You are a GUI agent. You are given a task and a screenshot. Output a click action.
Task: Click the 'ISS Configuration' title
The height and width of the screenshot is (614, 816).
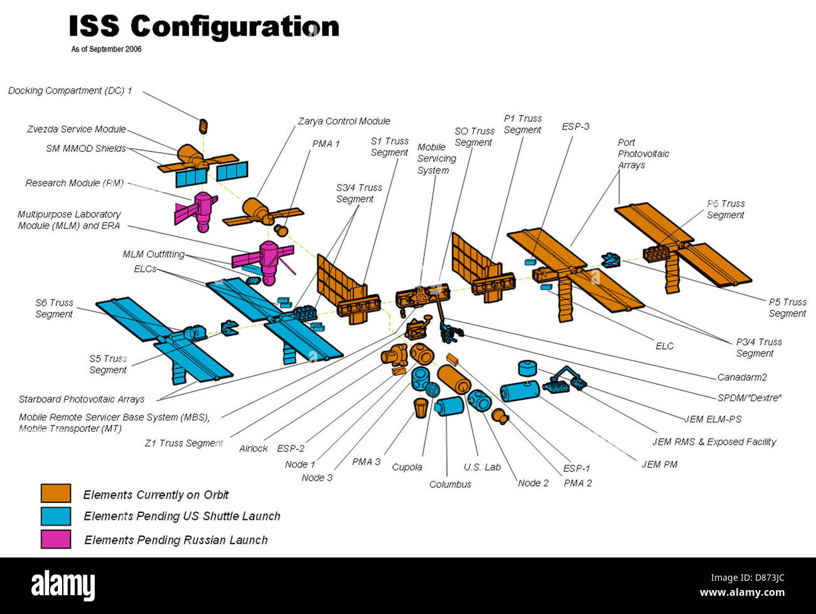pyautogui.click(x=203, y=26)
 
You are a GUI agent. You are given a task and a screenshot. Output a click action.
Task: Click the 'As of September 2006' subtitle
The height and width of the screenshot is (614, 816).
pyautogui.click(x=106, y=49)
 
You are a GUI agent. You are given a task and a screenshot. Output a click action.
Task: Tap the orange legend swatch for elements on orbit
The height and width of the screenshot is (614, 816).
pyautogui.click(x=56, y=493)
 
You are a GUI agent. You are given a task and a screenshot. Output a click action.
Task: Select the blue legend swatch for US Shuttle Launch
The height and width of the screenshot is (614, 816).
pyautogui.click(x=56, y=516)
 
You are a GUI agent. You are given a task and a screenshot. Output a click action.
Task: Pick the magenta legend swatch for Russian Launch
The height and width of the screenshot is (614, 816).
pyautogui.click(x=56, y=539)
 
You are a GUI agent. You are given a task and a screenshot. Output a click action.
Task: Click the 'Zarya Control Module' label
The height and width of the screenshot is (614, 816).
pyautogui.click(x=343, y=121)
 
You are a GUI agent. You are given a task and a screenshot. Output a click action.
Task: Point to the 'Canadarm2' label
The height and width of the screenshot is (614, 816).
pyautogui.click(x=742, y=377)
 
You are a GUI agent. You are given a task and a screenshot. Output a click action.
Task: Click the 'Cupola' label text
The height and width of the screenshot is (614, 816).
pyautogui.click(x=407, y=467)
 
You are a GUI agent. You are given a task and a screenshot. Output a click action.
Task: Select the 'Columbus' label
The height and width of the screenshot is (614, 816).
pyautogui.click(x=450, y=484)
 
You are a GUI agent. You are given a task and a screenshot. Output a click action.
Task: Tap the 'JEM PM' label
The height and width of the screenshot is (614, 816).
pyautogui.click(x=659, y=464)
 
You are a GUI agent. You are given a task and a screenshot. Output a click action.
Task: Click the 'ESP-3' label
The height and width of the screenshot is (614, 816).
pyautogui.click(x=575, y=126)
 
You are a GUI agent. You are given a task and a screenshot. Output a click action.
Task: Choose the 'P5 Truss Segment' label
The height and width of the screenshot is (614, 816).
pyautogui.click(x=787, y=308)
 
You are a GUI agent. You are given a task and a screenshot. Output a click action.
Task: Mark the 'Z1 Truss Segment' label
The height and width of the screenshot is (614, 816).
pyautogui.click(x=183, y=443)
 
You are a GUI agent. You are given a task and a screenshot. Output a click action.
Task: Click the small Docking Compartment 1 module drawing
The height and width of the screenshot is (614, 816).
pyautogui.click(x=203, y=126)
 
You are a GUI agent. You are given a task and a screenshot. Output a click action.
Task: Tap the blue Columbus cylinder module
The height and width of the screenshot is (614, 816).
pyautogui.click(x=449, y=406)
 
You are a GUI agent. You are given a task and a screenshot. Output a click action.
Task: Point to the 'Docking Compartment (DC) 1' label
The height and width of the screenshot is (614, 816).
pyautogui.click(x=70, y=91)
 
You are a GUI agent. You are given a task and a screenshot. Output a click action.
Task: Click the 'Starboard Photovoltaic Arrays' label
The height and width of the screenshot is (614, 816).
pyautogui.click(x=81, y=399)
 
